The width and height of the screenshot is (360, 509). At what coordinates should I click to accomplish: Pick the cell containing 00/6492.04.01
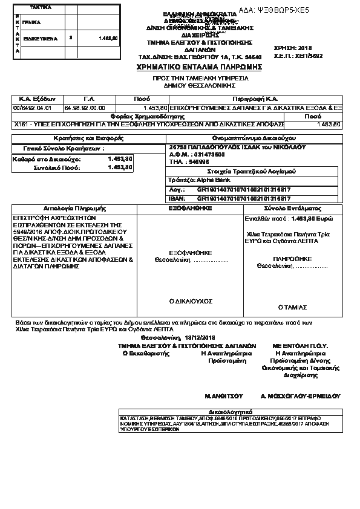(29, 106)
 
